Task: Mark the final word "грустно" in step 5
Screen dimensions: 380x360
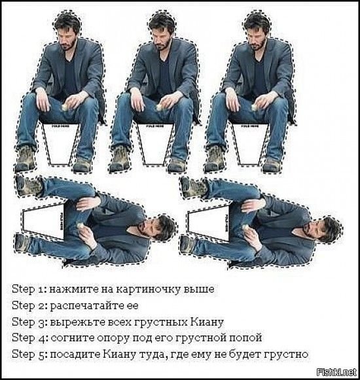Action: coord(285,354)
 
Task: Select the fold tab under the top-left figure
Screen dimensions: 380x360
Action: coord(62,141)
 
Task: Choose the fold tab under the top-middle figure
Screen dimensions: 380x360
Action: coord(157,141)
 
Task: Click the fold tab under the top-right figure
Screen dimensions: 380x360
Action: coord(252,141)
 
